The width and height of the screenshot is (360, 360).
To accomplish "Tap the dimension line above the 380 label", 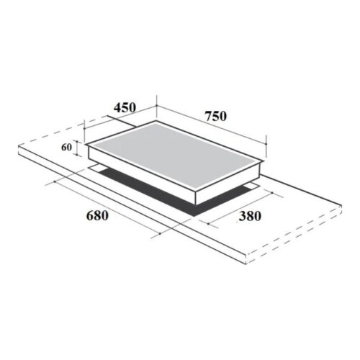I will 241,206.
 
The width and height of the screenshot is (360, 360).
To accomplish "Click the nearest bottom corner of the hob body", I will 194,204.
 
